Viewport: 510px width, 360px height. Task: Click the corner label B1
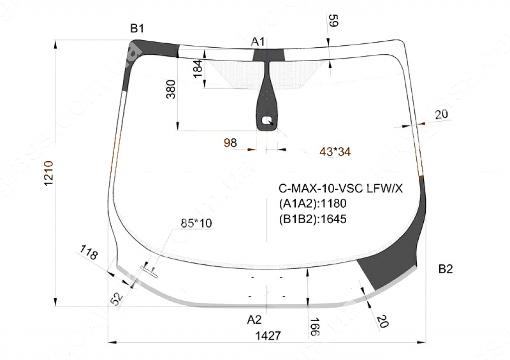click(x=137, y=29)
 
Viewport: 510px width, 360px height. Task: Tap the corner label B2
click(x=446, y=269)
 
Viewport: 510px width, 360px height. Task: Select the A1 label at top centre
click(x=257, y=42)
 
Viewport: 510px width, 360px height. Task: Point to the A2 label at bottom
click(x=254, y=319)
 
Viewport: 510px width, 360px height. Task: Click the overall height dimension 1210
click(x=49, y=174)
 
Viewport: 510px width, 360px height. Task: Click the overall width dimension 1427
click(x=268, y=336)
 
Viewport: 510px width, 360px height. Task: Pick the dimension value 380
click(x=171, y=89)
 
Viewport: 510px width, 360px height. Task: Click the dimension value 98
click(x=230, y=143)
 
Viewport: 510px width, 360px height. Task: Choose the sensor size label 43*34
click(x=335, y=152)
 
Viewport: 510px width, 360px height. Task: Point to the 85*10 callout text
click(x=196, y=224)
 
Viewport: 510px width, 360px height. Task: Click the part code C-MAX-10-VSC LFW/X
click(x=340, y=189)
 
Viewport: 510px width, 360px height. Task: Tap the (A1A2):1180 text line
click(x=312, y=204)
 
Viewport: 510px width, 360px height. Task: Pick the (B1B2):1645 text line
click(x=312, y=219)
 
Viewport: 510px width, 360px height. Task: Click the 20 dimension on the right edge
click(x=441, y=115)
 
